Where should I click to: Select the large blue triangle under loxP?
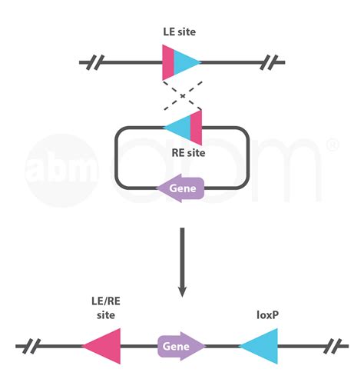256,346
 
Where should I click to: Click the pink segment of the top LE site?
168,62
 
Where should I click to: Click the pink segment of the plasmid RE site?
196,127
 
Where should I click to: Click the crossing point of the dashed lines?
182,95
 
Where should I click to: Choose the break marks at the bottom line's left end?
32,346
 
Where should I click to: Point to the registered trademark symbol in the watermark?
333,145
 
